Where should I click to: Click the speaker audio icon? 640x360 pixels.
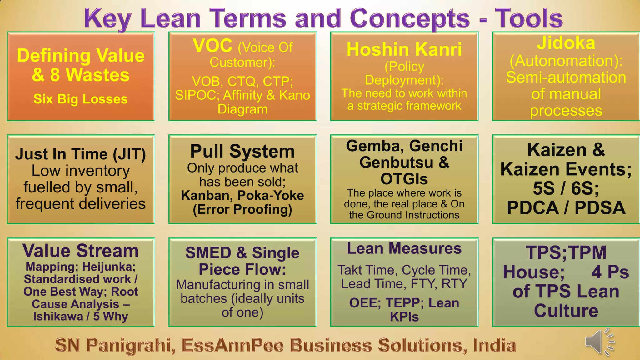tap(598, 342)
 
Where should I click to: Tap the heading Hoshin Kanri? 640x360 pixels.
tap(404, 49)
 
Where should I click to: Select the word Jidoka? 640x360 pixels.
tap(566, 43)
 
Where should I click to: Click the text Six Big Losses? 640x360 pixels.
tap(81, 99)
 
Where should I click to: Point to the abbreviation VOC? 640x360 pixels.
tap(212, 46)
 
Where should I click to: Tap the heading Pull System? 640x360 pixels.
tap(242, 151)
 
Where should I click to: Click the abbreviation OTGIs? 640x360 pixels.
tap(404, 179)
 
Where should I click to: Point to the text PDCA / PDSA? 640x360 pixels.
tap(566, 208)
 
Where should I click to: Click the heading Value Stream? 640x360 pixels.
tap(81, 251)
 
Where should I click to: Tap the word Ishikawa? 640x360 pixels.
tap(58, 317)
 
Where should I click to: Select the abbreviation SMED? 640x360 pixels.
tap(208, 253)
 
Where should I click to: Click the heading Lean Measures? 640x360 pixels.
tap(404, 249)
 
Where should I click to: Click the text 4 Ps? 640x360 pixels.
tap(610, 272)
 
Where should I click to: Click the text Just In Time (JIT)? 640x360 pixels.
tap(81, 154)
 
